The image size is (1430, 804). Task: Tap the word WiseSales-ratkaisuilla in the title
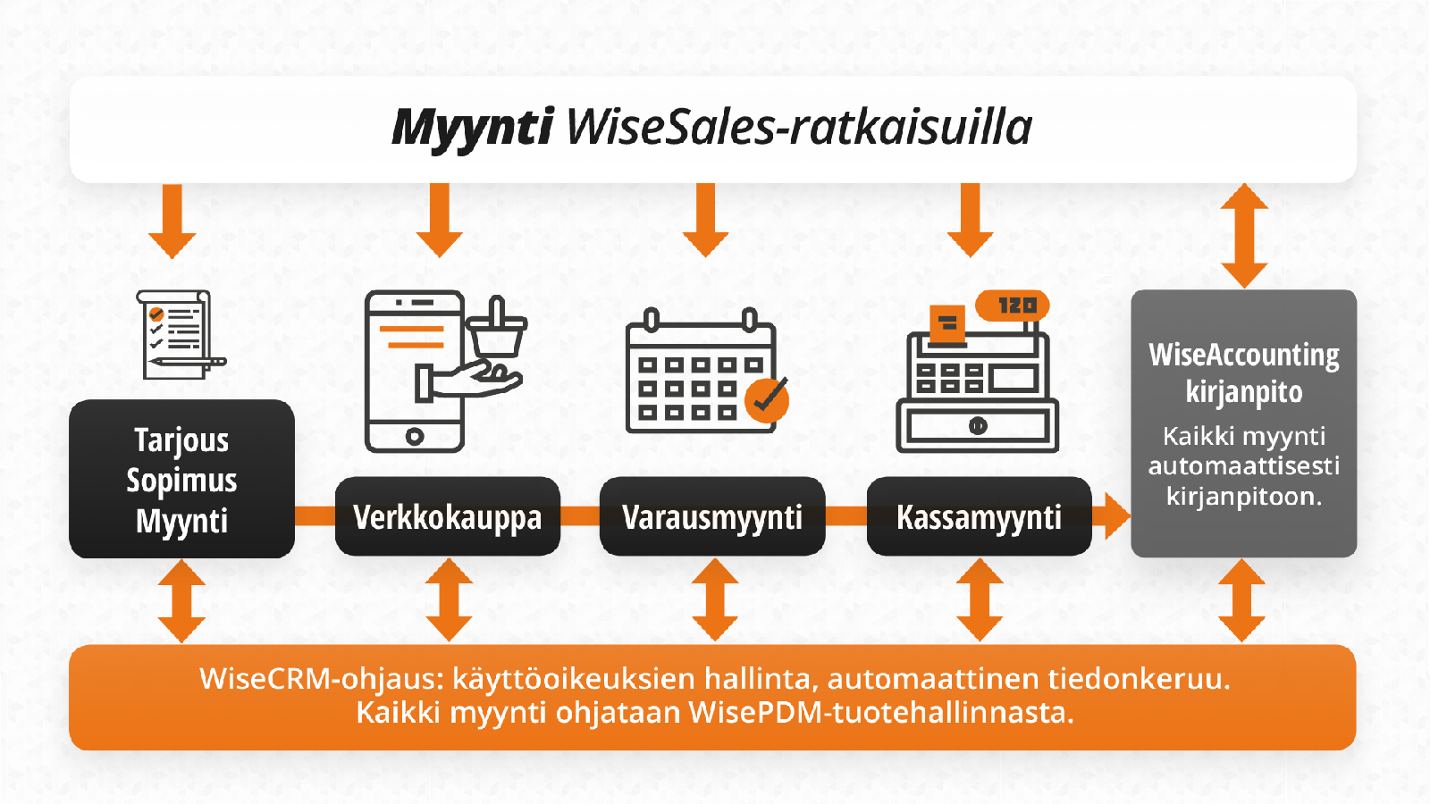tap(799, 126)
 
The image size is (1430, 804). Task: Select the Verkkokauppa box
tap(448, 516)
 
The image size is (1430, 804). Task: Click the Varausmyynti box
tap(712, 516)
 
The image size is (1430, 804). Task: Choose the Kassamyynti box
tap(980, 516)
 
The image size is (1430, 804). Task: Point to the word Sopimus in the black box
tap(182, 481)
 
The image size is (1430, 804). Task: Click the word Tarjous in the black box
tap(182, 441)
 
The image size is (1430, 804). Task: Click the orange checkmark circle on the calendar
tap(768, 400)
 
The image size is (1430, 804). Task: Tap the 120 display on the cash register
tap(1013, 306)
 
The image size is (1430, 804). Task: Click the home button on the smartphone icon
tap(415, 437)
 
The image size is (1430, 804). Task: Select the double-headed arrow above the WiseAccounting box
tap(1244, 236)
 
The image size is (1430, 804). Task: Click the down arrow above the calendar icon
tap(705, 220)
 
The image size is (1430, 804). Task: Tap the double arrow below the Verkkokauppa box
tap(449, 600)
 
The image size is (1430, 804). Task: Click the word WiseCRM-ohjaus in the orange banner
tap(321, 679)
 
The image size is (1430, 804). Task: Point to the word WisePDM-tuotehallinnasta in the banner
tap(881, 712)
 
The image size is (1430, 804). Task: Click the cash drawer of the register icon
tap(978, 425)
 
